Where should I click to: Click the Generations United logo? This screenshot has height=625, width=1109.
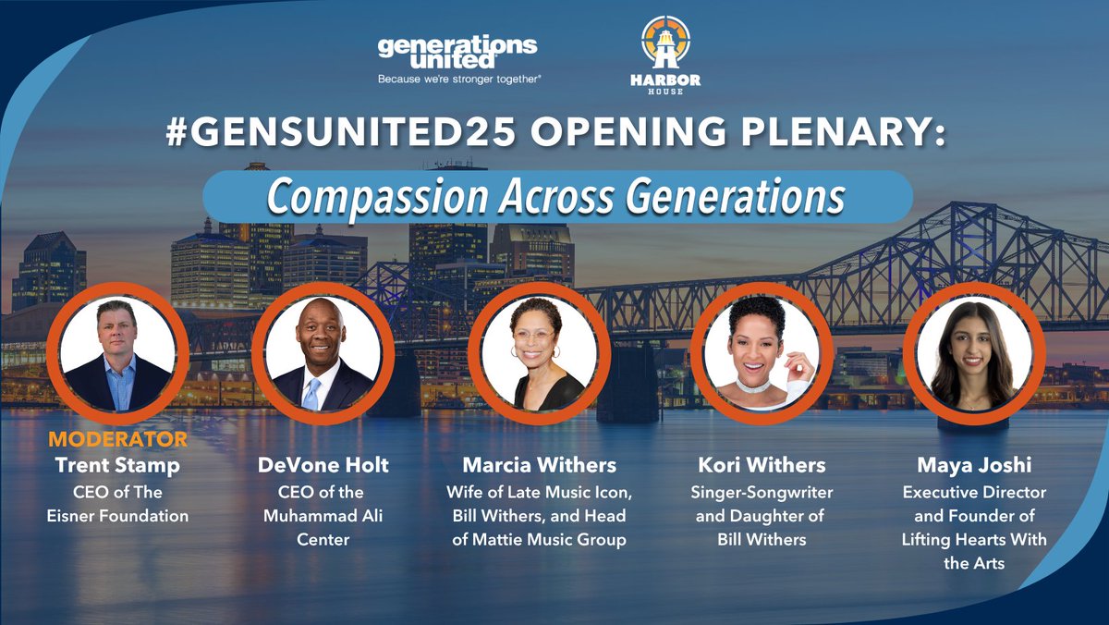pyautogui.click(x=458, y=53)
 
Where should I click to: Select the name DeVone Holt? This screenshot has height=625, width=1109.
pyautogui.click(x=323, y=465)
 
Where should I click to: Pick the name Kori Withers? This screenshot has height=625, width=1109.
pyautogui.click(x=760, y=465)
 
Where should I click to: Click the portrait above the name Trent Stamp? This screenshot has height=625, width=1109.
pyautogui.click(x=117, y=354)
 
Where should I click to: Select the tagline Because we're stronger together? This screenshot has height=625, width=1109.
pyautogui.click(x=458, y=80)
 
